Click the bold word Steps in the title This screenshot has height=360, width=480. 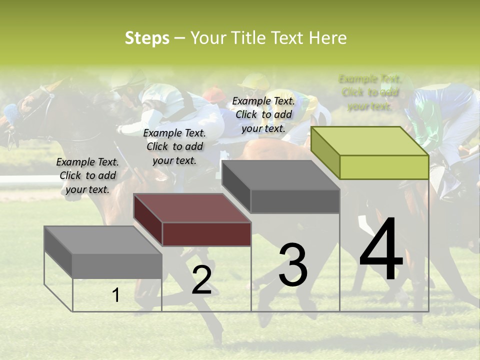[147, 38]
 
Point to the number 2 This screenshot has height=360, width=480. [201, 280]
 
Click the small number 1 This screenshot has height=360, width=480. [116, 295]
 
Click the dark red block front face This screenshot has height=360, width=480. [206, 234]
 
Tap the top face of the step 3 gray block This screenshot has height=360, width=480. [280, 175]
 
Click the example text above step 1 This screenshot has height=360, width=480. [87, 175]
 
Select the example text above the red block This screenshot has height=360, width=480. [174, 146]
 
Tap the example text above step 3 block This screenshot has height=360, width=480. [263, 114]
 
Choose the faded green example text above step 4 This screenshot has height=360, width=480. [369, 92]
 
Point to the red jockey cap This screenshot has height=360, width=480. [214, 93]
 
